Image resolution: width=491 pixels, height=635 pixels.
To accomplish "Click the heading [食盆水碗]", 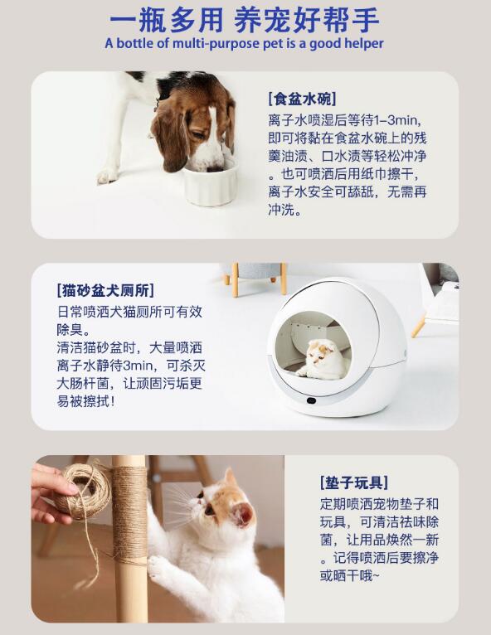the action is [302, 99].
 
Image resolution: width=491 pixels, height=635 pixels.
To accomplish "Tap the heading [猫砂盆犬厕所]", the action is [105, 290].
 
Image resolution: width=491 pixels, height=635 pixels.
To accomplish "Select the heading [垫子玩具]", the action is [354, 482].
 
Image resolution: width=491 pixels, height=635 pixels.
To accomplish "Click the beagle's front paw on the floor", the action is [107, 176].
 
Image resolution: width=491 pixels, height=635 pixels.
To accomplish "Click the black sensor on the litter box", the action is [311, 401].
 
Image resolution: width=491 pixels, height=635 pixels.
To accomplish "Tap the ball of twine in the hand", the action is [83, 492].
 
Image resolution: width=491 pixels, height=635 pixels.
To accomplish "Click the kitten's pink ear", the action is [242, 514].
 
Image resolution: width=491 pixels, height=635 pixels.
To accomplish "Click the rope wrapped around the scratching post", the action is [129, 514].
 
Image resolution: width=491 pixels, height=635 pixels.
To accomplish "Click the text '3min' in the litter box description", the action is [139, 366].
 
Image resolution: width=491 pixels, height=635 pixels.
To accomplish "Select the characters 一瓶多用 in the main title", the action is [166, 20].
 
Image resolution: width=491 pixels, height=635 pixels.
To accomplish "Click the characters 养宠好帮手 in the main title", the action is [307, 20].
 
